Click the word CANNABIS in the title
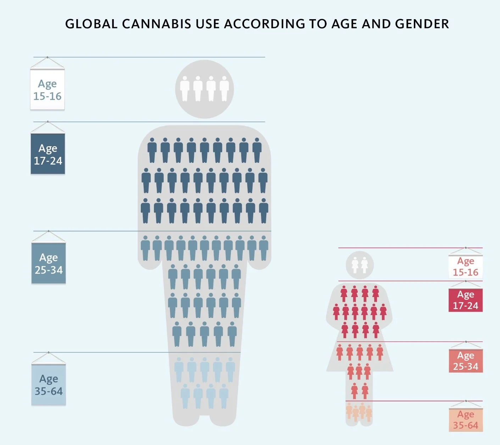156,24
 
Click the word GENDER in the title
422,24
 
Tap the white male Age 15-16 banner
47,90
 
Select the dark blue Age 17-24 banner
48,154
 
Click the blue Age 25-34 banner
49,263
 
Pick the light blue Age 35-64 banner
49,385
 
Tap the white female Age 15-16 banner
465,267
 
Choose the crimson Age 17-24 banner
465,300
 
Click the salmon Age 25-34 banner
465,361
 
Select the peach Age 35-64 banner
465,420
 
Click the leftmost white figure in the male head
185,89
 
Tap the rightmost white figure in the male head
224,89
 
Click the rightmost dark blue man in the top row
257,150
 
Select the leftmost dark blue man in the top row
152,150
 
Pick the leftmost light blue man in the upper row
179,369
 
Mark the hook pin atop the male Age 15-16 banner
47,57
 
